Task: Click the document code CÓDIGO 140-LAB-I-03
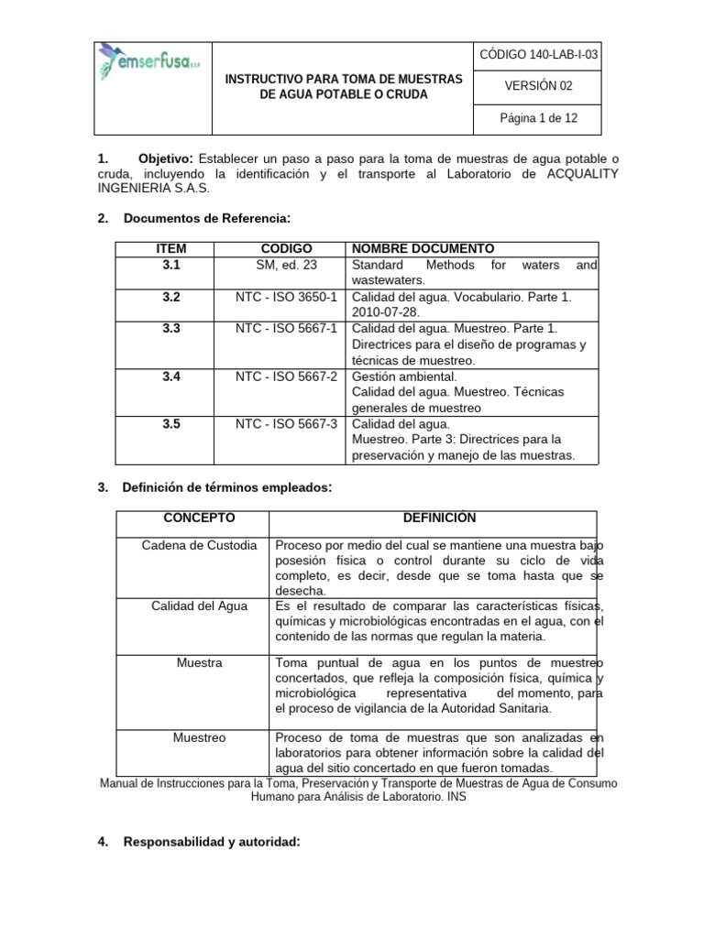[538, 55]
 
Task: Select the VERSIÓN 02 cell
[538, 86]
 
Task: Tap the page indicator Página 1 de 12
[538, 118]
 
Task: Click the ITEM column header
[171, 249]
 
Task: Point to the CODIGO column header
[287, 249]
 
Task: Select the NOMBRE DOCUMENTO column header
[423, 249]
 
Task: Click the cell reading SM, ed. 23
[287, 265]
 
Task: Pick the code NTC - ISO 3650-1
[287, 297]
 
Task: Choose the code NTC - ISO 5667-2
[287, 376]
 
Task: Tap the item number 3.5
[171, 424]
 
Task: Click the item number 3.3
[171, 328]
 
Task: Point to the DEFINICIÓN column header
[434, 518]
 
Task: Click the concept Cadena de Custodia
[199, 545]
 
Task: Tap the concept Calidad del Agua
[199, 605]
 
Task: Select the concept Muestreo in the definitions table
[199, 736]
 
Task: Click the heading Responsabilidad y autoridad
[211, 843]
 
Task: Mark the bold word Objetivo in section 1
[165, 160]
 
